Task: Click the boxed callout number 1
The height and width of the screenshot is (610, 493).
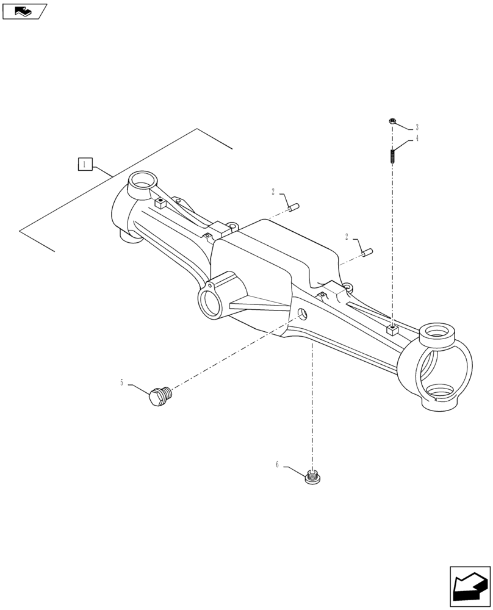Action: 85,164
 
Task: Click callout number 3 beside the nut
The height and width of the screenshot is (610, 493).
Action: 417,127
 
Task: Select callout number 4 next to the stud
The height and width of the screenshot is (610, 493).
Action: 417,138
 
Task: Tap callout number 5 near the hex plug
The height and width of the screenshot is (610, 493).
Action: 121,382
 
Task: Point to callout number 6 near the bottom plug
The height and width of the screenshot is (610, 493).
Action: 277,465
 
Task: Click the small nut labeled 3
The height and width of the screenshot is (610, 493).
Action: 392,122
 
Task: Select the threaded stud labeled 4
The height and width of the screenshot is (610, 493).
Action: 392,157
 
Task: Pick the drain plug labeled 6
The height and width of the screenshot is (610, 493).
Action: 312,476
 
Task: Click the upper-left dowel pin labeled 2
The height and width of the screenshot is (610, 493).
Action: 293,207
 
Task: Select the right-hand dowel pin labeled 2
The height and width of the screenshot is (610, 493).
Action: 367,251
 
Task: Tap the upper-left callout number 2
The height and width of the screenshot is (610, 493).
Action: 274,192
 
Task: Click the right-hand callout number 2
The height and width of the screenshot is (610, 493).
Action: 347,237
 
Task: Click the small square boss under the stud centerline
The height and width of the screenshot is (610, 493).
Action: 392,331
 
